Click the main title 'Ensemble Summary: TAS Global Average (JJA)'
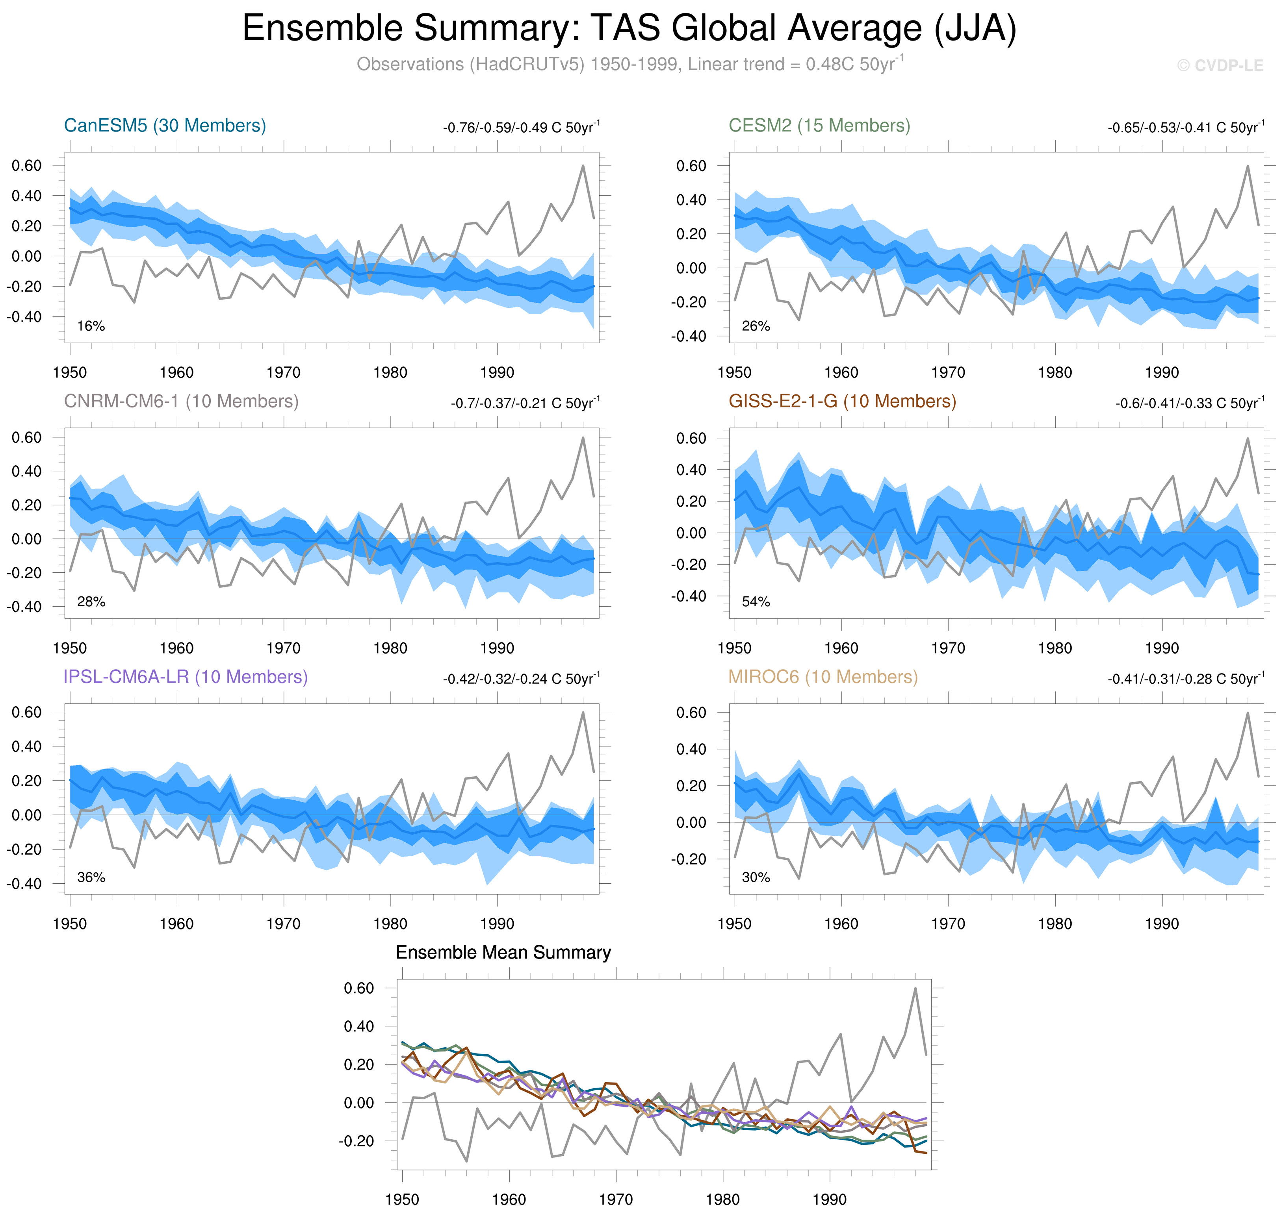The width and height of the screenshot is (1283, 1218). tap(629, 29)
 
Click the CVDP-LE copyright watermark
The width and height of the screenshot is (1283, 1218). tap(1219, 66)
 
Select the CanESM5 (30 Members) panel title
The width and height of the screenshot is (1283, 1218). tap(165, 125)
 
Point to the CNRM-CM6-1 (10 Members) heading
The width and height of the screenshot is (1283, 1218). tap(180, 401)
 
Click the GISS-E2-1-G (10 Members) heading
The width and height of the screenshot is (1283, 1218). tap(842, 401)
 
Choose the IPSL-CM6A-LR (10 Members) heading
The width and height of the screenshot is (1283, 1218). tap(185, 677)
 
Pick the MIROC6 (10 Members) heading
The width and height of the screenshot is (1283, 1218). tap(823, 677)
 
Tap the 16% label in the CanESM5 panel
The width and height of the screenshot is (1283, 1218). tap(91, 326)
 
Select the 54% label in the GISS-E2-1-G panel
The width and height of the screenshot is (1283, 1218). tap(756, 602)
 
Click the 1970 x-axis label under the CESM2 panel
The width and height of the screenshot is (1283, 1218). tap(948, 373)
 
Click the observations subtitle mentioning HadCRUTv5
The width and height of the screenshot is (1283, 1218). tap(629, 64)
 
